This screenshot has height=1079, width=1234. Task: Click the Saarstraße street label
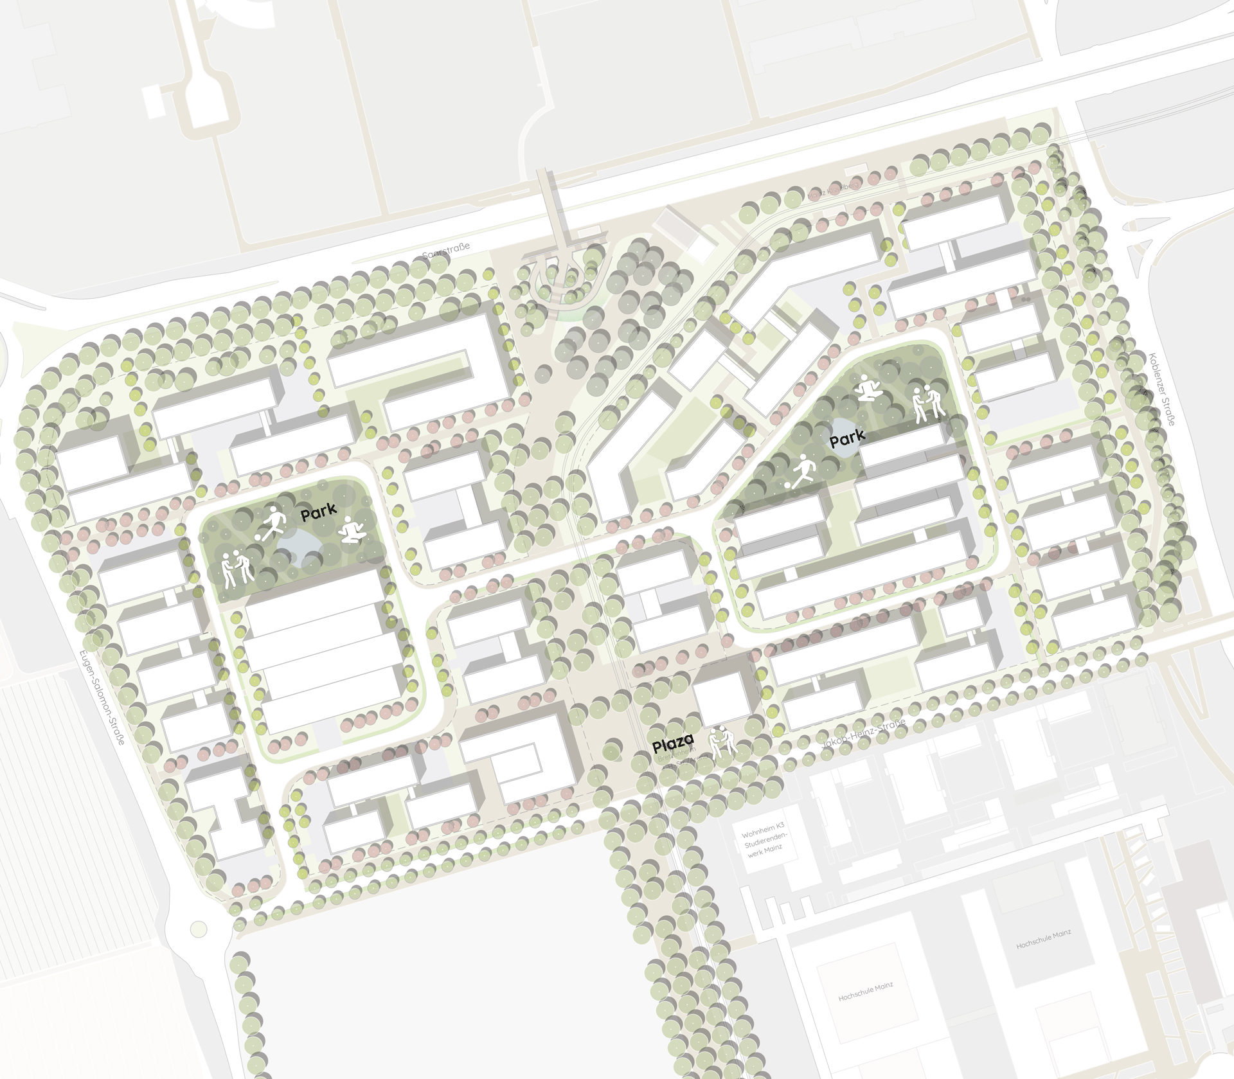click(446, 251)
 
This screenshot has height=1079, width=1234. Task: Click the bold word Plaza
click(673, 744)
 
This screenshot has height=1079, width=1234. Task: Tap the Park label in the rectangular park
click(319, 512)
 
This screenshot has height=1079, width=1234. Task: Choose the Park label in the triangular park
click(847, 438)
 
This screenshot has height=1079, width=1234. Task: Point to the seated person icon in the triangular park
click(870, 388)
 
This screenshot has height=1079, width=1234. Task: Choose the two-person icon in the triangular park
click(928, 403)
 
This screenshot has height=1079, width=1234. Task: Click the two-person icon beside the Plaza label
click(722, 743)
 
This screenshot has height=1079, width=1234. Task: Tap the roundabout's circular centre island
click(199, 928)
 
